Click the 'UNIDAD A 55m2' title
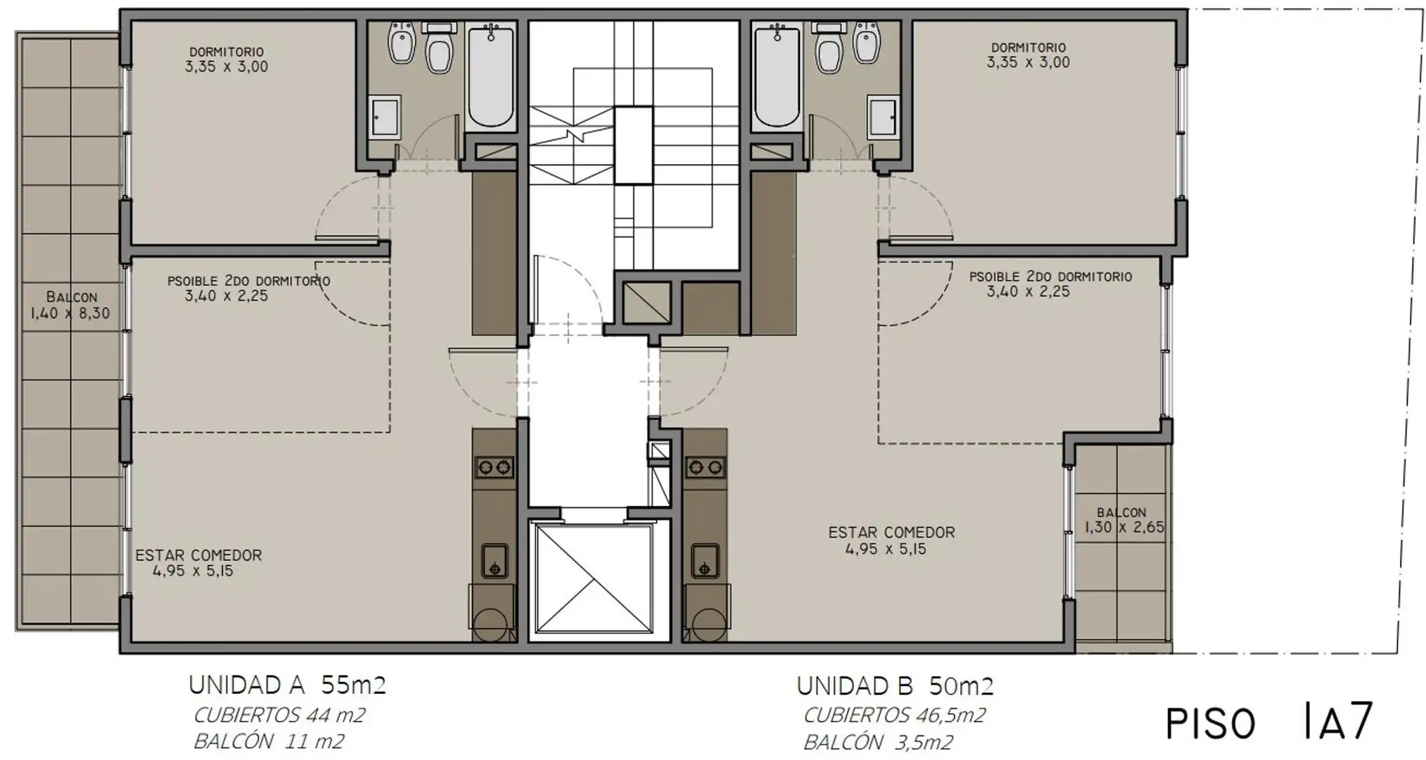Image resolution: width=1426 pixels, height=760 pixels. (287, 685)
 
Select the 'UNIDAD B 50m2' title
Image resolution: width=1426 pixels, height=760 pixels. (895, 685)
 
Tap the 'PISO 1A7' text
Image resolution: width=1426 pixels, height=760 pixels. (1269, 721)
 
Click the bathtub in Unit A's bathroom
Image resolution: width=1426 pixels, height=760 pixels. (490, 75)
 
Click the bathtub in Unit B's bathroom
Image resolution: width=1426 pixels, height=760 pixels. (777, 75)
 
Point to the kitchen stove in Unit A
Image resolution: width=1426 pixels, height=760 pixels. (495, 467)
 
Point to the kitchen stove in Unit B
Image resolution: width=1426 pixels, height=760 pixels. (705, 467)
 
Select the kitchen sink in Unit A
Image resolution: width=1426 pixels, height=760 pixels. (495, 560)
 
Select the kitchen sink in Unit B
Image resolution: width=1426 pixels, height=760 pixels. (704, 560)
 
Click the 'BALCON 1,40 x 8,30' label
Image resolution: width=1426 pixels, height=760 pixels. (70, 305)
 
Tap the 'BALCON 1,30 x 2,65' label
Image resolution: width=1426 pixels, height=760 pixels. (1123, 521)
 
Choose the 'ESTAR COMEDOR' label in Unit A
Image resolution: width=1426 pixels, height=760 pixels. (198, 555)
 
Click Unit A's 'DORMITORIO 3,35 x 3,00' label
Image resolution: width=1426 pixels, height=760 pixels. (227, 60)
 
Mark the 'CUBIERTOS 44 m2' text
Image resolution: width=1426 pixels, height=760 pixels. (279, 716)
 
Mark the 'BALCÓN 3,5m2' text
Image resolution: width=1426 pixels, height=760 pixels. (878, 742)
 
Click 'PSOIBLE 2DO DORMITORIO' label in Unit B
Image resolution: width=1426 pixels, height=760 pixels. (1050, 277)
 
